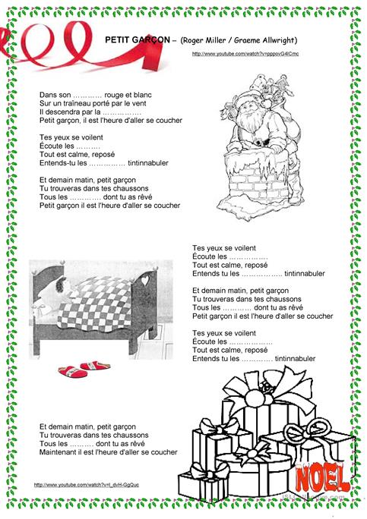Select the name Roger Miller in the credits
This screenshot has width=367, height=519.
pos(207,39)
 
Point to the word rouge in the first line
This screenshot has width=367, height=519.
pos(115,96)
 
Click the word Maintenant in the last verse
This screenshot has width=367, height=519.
pos(58,452)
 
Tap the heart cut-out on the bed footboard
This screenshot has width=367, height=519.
pos(145,280)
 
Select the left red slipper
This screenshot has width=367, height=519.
pos(74,370)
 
